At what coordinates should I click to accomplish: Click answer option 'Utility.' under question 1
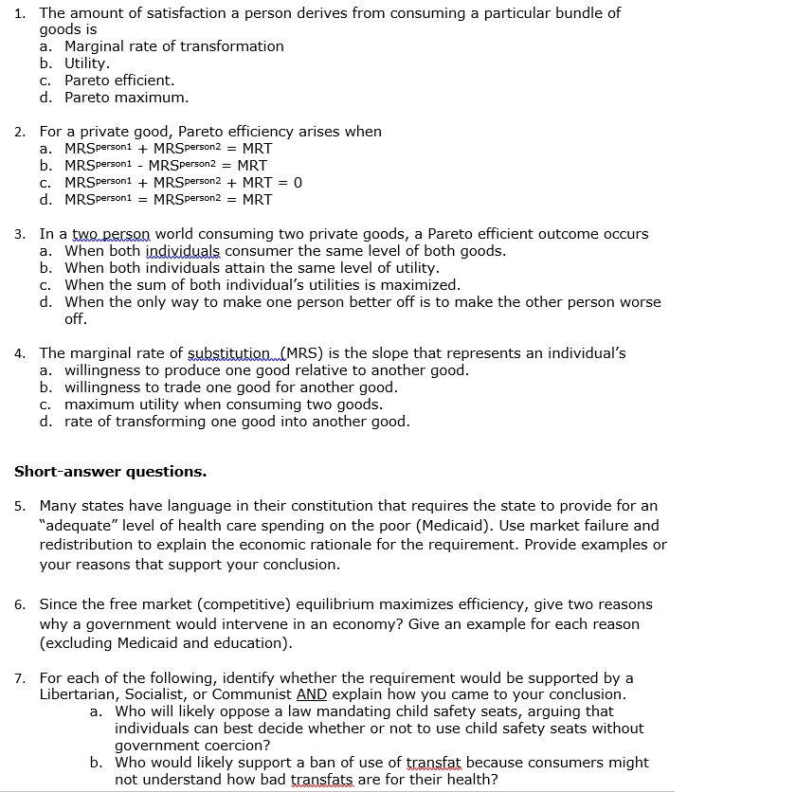point(86,63)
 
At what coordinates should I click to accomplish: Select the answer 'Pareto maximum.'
point(126,98)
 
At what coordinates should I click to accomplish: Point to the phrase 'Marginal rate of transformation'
point(173,46)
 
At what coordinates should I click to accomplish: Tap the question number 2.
point(20,132)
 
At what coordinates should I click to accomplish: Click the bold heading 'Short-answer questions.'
point(110,471)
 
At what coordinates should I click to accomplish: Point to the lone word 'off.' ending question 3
point(76,319)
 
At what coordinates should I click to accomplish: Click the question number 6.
point(20,604)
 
